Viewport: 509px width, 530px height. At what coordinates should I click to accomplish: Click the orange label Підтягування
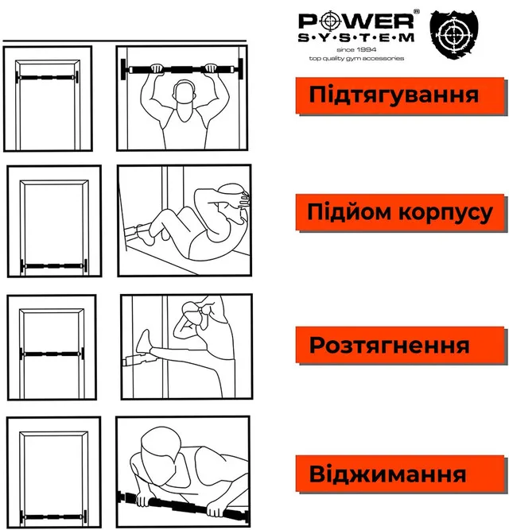tap(401, 95)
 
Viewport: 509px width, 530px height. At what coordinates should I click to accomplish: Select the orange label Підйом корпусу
tap(401, 212)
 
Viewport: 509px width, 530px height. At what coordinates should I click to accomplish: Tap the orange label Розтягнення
tap(401, 345)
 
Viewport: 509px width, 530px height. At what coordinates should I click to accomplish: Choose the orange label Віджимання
tap(401, 474)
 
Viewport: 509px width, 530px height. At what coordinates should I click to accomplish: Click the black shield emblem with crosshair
tap(454, 33)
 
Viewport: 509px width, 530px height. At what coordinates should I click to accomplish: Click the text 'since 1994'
tap(356, 50)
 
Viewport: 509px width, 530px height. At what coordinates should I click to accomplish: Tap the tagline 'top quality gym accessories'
tap(356, 59)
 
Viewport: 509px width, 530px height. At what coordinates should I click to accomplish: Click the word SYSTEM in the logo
tap(356, 37)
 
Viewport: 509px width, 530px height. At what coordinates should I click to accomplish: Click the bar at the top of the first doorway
tap(47, 77)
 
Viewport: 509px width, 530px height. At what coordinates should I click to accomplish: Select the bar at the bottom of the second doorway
tap(54, 266)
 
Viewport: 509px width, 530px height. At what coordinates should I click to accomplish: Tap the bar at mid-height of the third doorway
tap(52, 354)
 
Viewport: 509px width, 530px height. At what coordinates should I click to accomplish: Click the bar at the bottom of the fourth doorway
tap(53, 516)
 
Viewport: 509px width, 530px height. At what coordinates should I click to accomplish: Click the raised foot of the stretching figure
tap(143, 342)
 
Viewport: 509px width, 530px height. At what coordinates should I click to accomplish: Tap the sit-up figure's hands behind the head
tap(244, 199)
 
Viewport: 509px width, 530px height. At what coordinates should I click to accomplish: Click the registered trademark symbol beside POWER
tap(416, 11)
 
